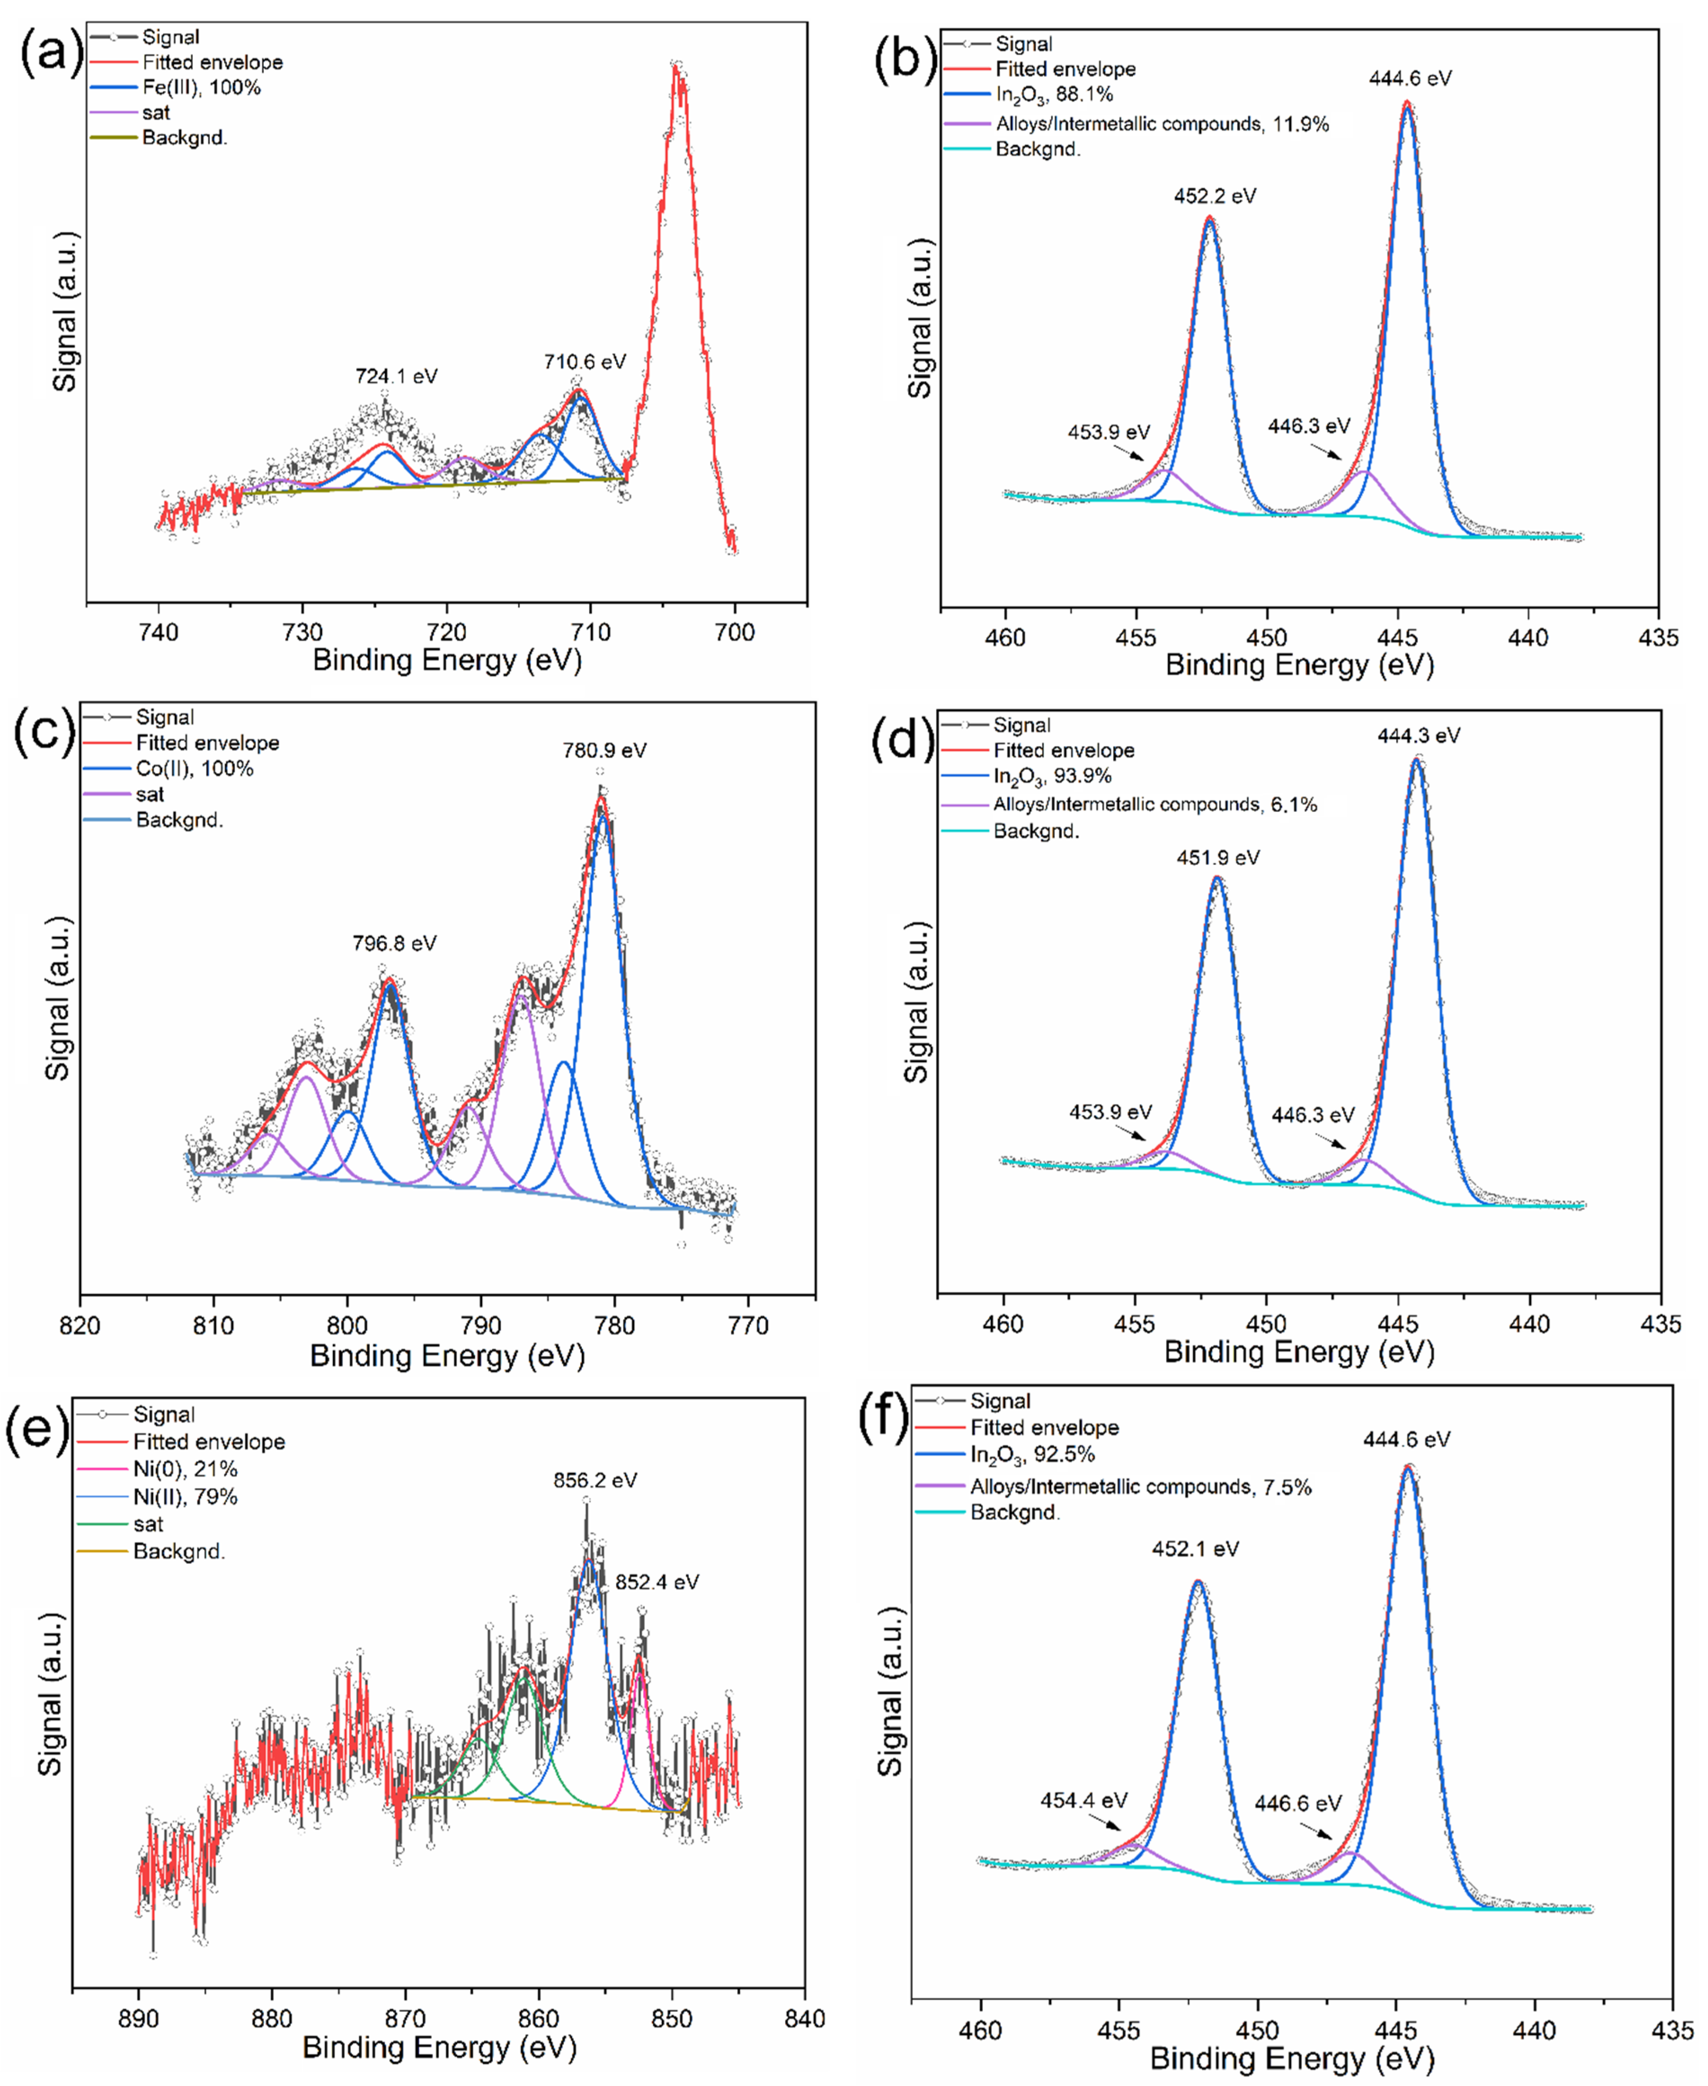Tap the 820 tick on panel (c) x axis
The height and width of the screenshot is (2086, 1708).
(x=80, y=1325)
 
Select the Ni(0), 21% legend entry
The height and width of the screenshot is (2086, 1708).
(x=185, y=1469)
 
